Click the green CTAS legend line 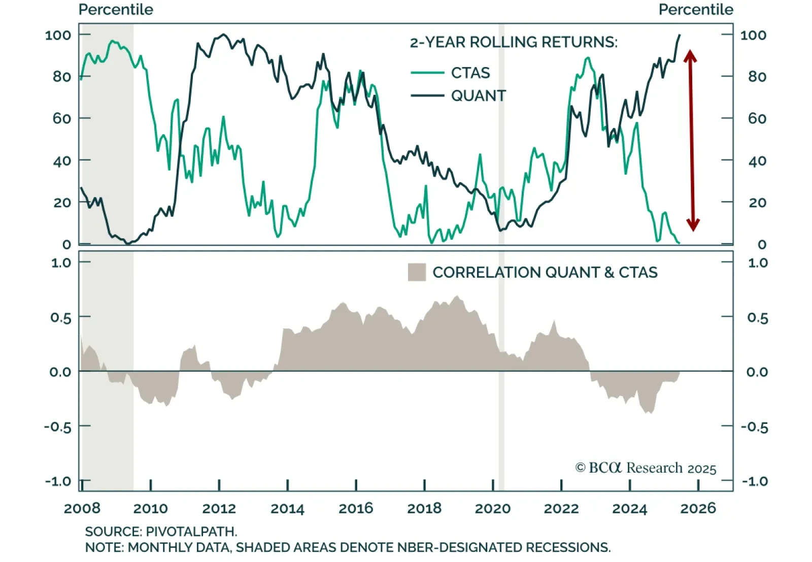(x=427, y=73)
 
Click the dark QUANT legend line (x=427, y=95)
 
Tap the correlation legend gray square (x=417, y=272)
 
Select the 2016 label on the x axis (x=356, y=508)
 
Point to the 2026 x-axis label (x=698, y=508)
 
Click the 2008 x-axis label (x=82, y=508)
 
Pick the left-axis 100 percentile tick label (x=58, y=35)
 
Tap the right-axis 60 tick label (x=757, y=118)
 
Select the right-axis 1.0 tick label (x=757, y=263)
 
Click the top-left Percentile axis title (x=116, y=10)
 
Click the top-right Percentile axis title (x=696, y=10)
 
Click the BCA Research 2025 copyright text (x=646, y=468)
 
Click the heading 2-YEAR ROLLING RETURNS (x=514, y=42)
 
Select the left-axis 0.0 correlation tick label (x=60, y=372)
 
